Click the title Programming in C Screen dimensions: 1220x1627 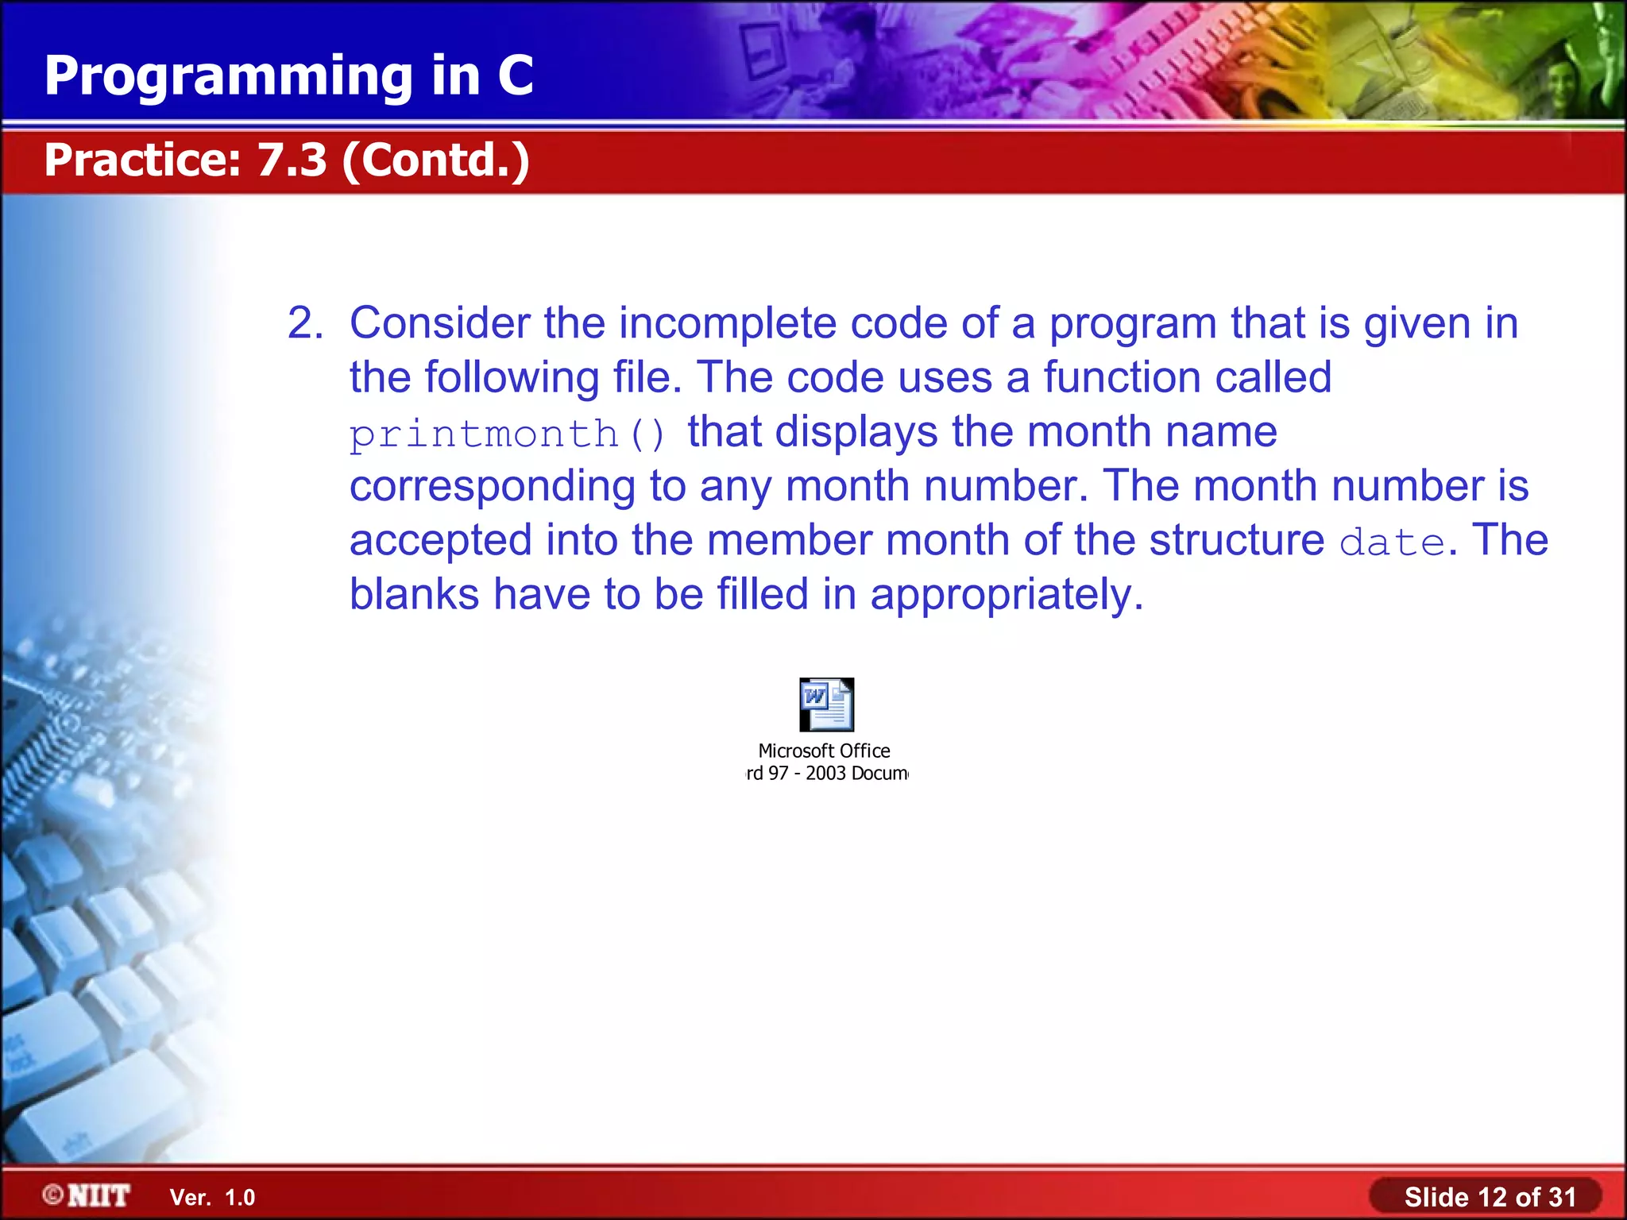[x=288, y=75]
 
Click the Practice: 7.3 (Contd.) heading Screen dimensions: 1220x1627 [x=287, y=160]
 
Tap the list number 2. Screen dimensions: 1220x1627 [x=304, y=323]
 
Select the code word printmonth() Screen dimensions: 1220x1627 [x=508, y=434]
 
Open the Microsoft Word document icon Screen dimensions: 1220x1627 [x=826, y=704]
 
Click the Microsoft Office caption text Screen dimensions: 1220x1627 [x=824, y=751]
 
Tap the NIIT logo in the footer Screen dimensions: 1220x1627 [x=87, y=1195]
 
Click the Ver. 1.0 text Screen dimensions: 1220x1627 [x=212, y=1198]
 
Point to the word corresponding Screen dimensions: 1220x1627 [x=493, y=486]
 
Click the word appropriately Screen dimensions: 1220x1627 [x=1007, y=595]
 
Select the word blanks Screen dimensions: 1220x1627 [x=414, y=594]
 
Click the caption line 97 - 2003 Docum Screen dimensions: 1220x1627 [x=827, y=774]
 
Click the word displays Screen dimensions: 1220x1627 [x=856, y=433]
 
